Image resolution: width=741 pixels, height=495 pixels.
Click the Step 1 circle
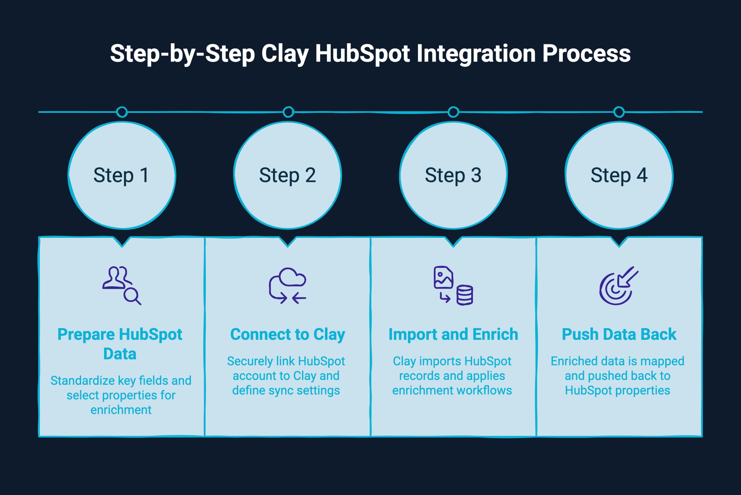pyautogui.click(x=122, y=175)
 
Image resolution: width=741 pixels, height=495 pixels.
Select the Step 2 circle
pyautogui.click(x=288, y=175)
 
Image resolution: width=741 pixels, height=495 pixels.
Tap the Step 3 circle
pyautogui.click(x=453, y=175)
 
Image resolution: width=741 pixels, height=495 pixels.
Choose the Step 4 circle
pyautogui.click(x=619, y=175)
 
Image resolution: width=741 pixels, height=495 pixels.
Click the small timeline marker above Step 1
pyautogui.click(x=122, y=112)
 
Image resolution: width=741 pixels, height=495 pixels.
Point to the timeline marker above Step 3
pyautogui.click(x=453, y=112)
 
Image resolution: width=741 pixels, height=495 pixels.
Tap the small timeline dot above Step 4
pyautogui.click(x=619, y=112)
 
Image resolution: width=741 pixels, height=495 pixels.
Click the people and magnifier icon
pyautogui.click(x=122, y=285)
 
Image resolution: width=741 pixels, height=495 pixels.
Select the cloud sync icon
pyautogui.click(x=288, y=285)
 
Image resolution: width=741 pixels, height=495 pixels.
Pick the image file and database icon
pyautogui.click(x=453, y=285)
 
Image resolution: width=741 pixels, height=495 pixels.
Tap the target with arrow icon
pyautogui.click(x=619, y=285)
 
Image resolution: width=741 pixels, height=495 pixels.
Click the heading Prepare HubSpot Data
pyautogui.click(x=120, y=344)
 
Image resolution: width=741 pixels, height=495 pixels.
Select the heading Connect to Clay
pyautogui.click(x=288, y=334)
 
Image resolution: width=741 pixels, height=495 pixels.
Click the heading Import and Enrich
pyautogui.click(x=453, y=334)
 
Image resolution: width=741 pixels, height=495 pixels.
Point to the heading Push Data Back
pyautogui.click(x=619, y=334)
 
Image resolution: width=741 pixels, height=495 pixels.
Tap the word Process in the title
pyautogui.click(x=586, y=54)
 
